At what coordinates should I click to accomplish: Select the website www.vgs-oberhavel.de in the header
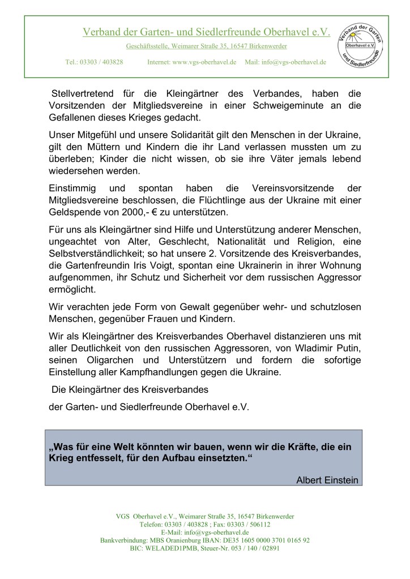tap(204, 62)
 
